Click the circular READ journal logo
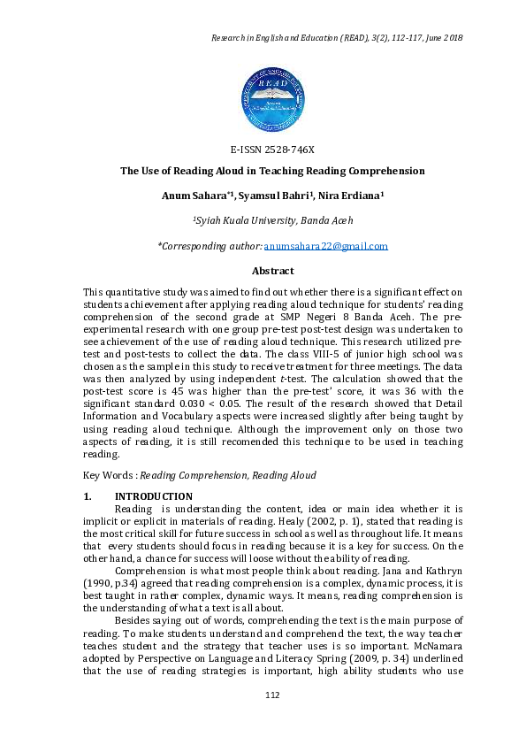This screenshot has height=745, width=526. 272,97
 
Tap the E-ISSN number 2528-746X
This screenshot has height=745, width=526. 272,149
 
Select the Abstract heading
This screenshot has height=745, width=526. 272,271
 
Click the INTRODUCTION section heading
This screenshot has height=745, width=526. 154,496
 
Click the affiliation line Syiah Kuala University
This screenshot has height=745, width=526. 272,220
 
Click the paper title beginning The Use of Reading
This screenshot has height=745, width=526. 272,171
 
